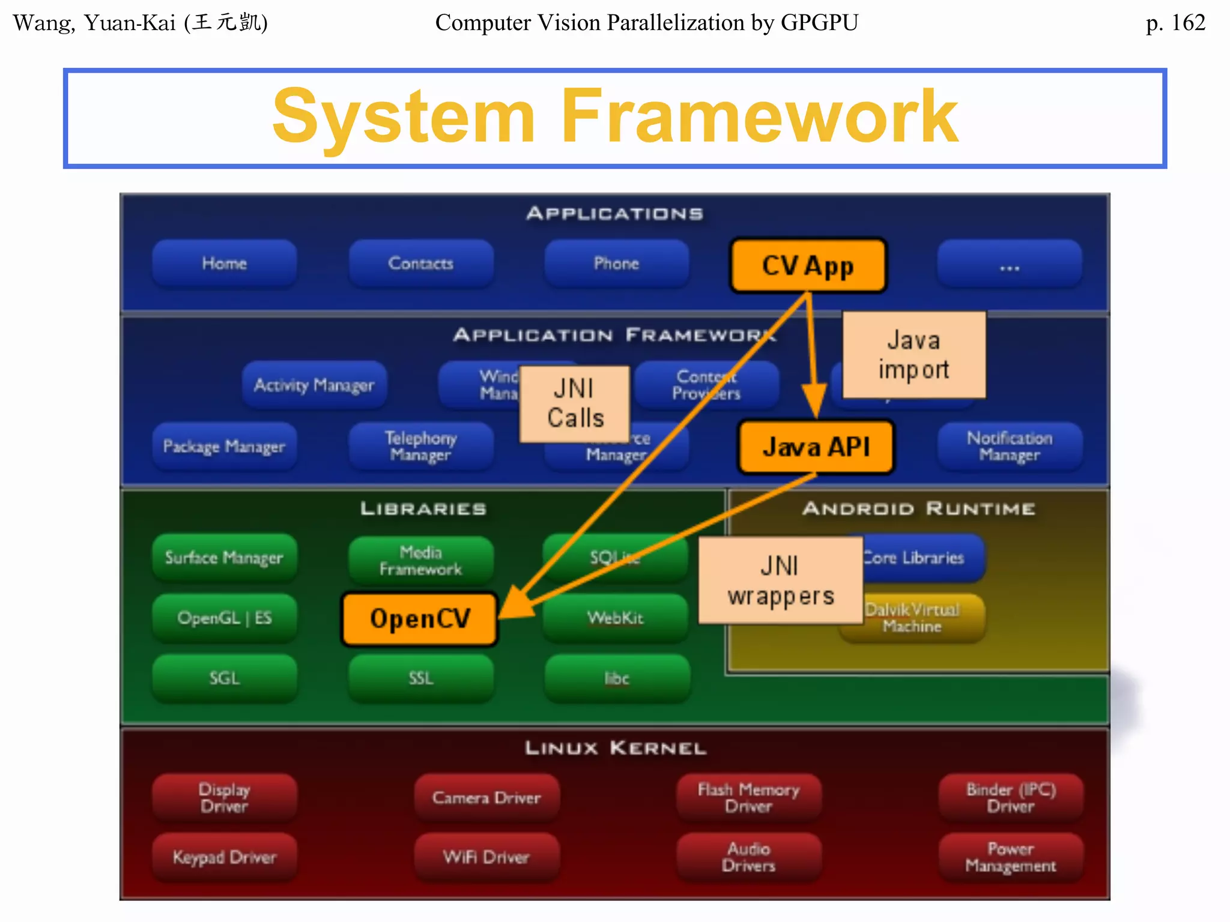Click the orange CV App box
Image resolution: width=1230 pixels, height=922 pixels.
tap(808, 265)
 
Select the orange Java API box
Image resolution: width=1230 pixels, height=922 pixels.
tap(816, 447)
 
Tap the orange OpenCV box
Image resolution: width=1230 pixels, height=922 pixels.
tap(419, 619)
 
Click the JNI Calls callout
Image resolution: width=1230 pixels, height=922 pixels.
tap(575, 403)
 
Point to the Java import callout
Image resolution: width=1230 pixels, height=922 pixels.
tap(913, 355)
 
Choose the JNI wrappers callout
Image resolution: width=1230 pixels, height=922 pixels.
tap(780, 580)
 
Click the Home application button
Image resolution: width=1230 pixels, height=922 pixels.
tap(224, 264)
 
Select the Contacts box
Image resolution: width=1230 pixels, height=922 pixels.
tap(420, 264)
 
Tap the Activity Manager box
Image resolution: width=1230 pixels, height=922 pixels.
tap(314, 385)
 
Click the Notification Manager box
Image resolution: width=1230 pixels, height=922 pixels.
tap(1010, 447)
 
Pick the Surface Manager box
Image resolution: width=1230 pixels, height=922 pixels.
tap(224, 558)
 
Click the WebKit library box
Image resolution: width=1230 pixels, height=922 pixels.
tap(616, 618)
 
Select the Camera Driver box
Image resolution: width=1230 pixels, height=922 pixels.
tap(486, 798)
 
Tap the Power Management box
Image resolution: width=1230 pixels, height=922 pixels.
tap(1011, 857)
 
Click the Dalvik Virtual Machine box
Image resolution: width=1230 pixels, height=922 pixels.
tap(925, 618)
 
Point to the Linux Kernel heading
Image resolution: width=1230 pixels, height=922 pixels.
tap(615, 748)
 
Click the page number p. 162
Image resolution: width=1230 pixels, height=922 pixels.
tap(1175, 23)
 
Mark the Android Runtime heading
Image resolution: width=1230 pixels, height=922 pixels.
tap(918, 509)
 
